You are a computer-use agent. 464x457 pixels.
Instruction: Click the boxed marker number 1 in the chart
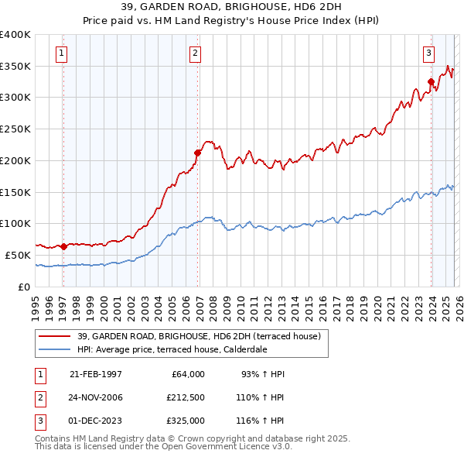(61, 53)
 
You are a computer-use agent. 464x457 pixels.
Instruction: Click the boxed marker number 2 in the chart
(195, 53)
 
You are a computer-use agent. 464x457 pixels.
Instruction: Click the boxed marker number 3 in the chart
(428, 53)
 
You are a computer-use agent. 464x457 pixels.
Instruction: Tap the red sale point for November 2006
(197, 153)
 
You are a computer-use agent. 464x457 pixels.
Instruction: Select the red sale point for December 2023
(431, 81)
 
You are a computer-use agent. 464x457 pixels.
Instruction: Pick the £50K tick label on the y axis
(18, 255)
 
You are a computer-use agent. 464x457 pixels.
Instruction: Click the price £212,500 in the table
(186, 397)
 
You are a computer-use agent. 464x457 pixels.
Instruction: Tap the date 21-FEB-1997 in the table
(96, 374)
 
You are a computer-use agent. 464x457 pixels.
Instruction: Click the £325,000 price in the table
(186, 421)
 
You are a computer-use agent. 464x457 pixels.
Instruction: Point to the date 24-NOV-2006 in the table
(96, 397)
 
